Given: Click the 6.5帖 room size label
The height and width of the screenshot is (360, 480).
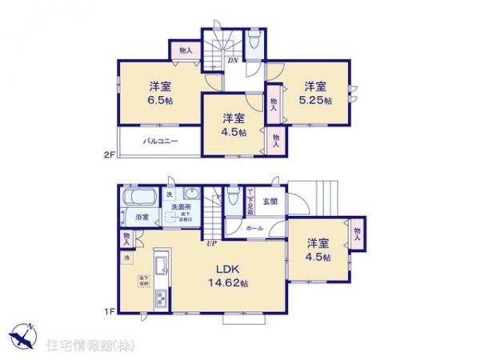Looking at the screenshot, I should point(156,101).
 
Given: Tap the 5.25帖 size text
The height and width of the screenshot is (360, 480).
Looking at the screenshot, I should point(314,101).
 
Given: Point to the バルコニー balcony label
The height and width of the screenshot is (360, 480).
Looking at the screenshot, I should point(160,142).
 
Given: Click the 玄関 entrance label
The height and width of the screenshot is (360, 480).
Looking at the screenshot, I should point(269,202).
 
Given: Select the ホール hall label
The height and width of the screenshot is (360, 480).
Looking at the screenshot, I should point(255,227).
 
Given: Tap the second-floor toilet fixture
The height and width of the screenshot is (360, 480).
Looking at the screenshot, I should point(254,42).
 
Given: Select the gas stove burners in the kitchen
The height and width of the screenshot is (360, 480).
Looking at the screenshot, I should point(160,298).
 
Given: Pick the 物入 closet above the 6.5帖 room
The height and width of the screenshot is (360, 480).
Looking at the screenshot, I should point(186,50).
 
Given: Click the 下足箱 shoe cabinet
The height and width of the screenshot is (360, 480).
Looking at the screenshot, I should point(250,201).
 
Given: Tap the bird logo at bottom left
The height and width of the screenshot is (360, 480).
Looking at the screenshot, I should point(22,334).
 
